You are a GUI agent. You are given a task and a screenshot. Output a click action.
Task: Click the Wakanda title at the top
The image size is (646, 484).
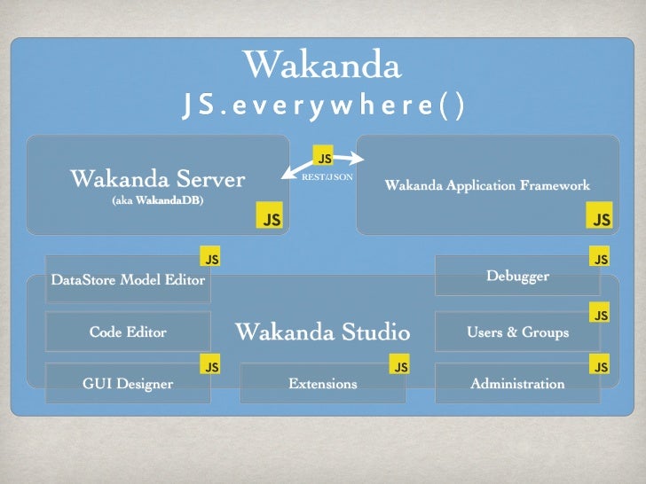tap(322, 65)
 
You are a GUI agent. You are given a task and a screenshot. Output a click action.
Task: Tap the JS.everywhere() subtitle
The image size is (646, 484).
tap(322, 106)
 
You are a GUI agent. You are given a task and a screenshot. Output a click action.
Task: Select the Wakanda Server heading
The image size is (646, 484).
tap(157, 180)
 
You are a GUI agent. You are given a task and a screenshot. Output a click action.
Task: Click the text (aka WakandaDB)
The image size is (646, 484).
tap(157, 200)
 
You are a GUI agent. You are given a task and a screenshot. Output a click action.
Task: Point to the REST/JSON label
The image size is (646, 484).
tap(327, 177)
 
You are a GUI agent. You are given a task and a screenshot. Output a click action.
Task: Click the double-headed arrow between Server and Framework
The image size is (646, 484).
tap(325, 166)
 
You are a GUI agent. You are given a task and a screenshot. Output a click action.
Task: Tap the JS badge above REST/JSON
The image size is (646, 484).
tap(325, 158)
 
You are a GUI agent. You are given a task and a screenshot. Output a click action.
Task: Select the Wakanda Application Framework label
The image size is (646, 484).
tap(487, 186)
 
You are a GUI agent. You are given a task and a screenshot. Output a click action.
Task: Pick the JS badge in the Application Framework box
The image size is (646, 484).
tap(602, 219)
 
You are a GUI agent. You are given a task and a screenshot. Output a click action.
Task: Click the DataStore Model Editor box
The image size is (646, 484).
tap(129, 280)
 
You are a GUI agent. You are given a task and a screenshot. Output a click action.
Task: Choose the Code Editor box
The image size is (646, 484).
tap(129, 332)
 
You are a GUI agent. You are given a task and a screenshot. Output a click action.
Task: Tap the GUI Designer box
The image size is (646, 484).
tap(129, 384)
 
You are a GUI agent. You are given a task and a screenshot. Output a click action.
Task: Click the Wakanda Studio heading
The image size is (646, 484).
tap(322, 332)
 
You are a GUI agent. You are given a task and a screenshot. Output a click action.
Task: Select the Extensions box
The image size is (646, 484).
tap(323, 384)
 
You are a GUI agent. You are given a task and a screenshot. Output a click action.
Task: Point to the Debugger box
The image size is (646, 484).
tap(517, 277)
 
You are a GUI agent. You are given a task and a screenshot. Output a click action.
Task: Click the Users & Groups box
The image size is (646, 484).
tap(517, 332)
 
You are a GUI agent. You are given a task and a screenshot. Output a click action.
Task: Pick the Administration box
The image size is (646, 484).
tap(517, 384)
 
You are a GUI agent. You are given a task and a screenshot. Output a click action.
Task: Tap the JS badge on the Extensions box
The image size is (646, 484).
tap(401, 366)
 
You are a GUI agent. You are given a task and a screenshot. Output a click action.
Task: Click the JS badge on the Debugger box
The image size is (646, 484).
tap(601, 260)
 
